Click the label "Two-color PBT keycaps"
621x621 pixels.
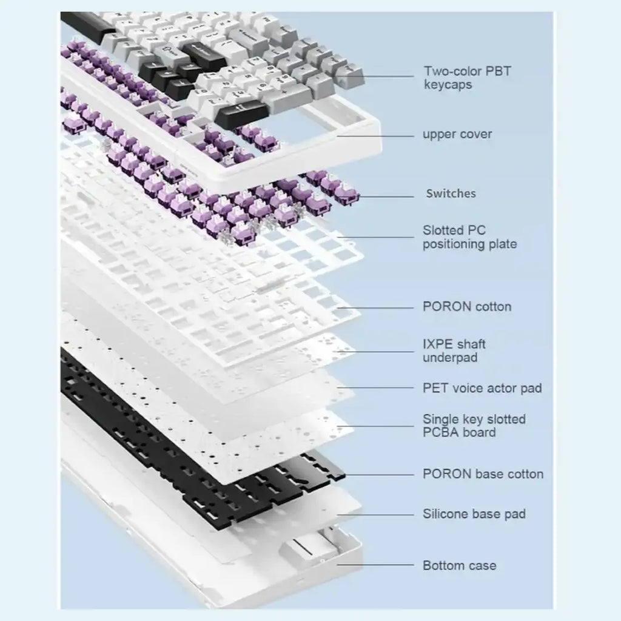[x=468, y=78]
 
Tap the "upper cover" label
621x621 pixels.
[x=457, y=134]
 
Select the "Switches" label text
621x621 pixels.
[x=451, y=193]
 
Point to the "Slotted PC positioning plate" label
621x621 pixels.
[x=470, y=237]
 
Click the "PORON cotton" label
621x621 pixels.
[x=467, y=306]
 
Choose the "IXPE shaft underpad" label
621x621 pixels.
[x=454, y=351]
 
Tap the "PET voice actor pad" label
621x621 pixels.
[x=482, y=388]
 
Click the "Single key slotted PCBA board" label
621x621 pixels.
[x=474, y=425]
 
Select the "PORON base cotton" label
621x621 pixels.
[x=483, y=474]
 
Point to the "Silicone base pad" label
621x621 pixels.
[x=474, y=514]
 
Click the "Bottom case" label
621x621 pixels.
[x=460, y=565]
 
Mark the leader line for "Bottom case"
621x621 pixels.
[x=375, y=565]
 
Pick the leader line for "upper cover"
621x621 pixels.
[x=375, y=136]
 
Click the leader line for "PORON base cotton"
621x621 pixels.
[x=379, y=474]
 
